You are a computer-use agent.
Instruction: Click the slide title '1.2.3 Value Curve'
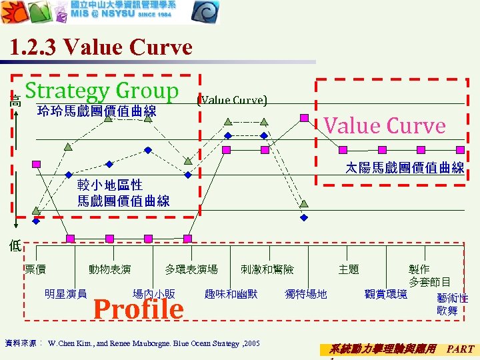101,47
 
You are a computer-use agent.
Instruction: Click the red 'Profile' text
138,309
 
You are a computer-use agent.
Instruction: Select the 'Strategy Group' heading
102,91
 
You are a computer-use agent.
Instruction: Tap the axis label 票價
35,269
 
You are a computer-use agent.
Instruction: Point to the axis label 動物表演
110,269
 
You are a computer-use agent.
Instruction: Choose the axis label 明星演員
65,293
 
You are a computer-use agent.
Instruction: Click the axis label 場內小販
154,293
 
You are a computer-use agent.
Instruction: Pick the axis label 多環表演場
191,269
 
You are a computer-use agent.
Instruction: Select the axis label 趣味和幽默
231,293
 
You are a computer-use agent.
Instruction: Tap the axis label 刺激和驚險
267,269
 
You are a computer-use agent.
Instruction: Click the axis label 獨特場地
306,293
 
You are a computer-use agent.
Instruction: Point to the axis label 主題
349,269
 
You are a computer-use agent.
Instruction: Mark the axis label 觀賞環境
386,293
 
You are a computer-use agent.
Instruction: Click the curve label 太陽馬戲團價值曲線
405,168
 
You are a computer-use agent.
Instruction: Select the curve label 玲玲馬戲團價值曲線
97,111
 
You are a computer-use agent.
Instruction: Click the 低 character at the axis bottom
15,245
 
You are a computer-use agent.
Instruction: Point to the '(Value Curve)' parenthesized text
232,100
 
